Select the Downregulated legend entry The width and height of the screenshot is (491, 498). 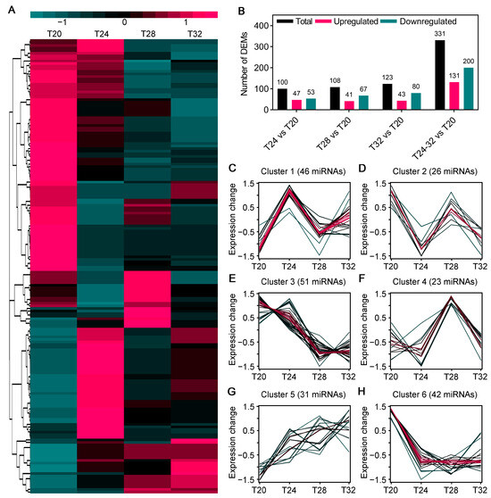click(436, 14)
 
